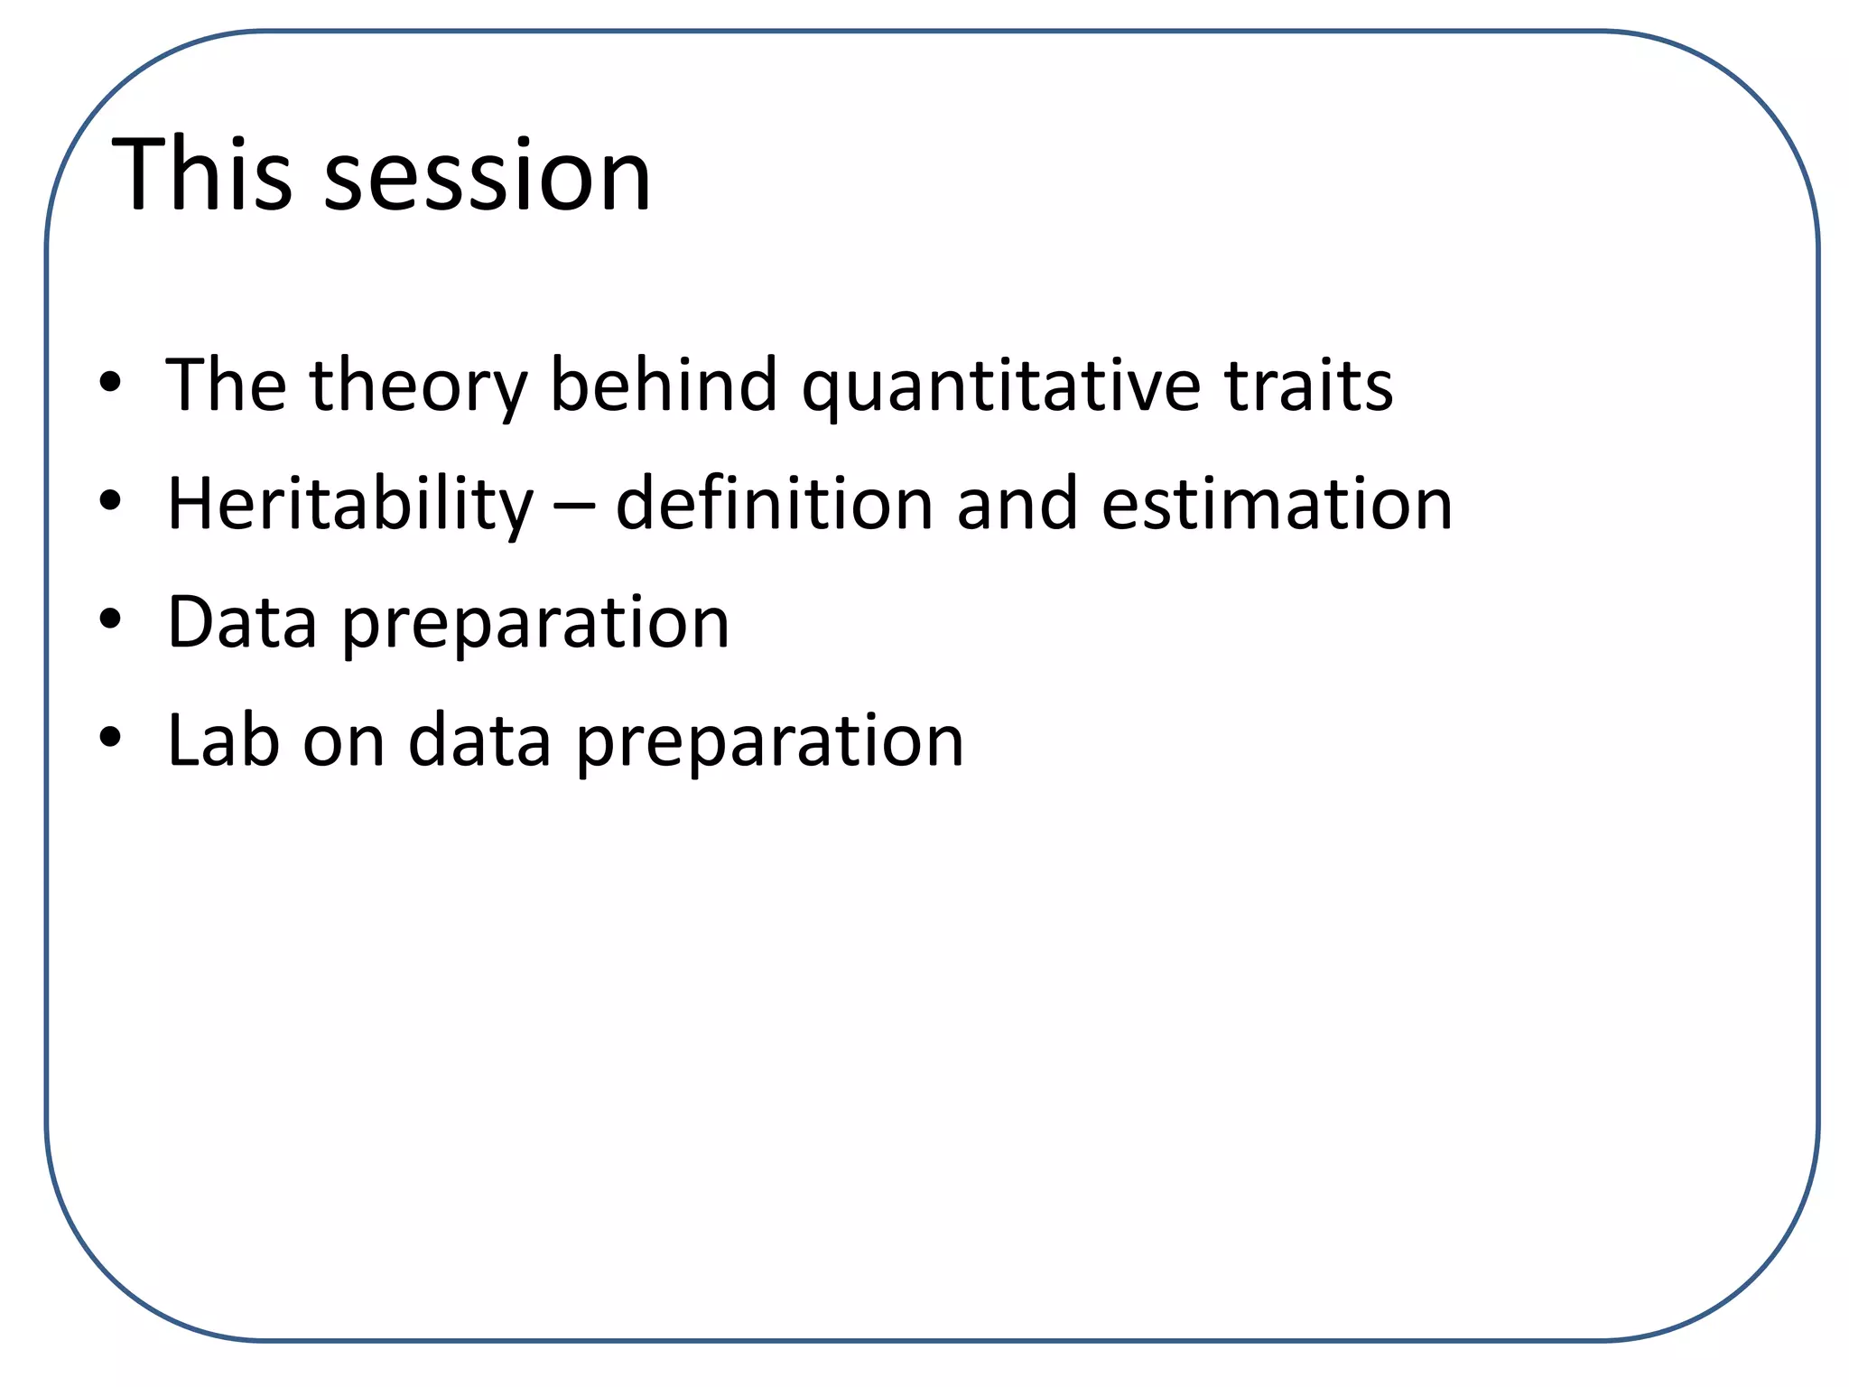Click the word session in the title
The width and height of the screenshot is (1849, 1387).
coord(487,177)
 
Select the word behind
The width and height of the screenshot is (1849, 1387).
coord(664,385)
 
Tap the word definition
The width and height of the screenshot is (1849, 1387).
coord(774,504)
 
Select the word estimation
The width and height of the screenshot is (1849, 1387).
coord(1277,504)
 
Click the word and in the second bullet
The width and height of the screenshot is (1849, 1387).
coord(1017,504)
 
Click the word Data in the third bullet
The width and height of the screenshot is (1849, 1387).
coord(242,622)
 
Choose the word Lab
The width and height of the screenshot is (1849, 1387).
coord(223,740)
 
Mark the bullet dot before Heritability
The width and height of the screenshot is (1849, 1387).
coord(110,501)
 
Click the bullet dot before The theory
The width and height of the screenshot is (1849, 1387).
coord(110,383)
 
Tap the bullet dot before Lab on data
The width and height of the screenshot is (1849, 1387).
coord(110,738)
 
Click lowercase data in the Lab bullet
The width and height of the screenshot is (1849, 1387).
coord(479,740)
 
